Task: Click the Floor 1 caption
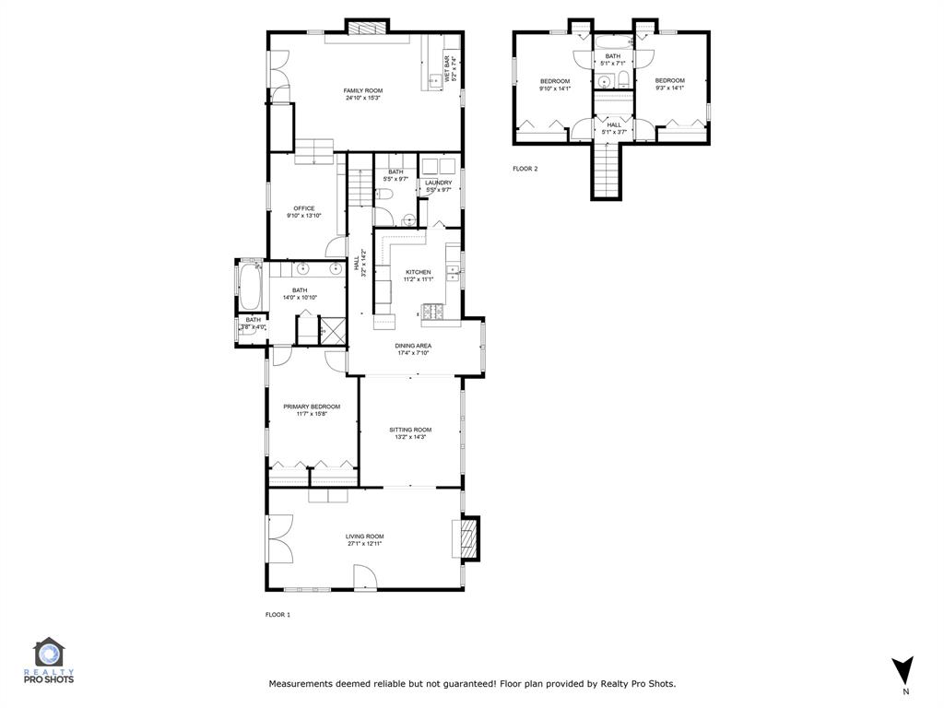[277, 614]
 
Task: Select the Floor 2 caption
[525, 169]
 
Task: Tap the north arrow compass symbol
[904, 669]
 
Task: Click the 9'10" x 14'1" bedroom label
[555, 85]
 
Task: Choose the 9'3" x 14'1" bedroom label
[670, 84]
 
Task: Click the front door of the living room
[365, 578]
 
